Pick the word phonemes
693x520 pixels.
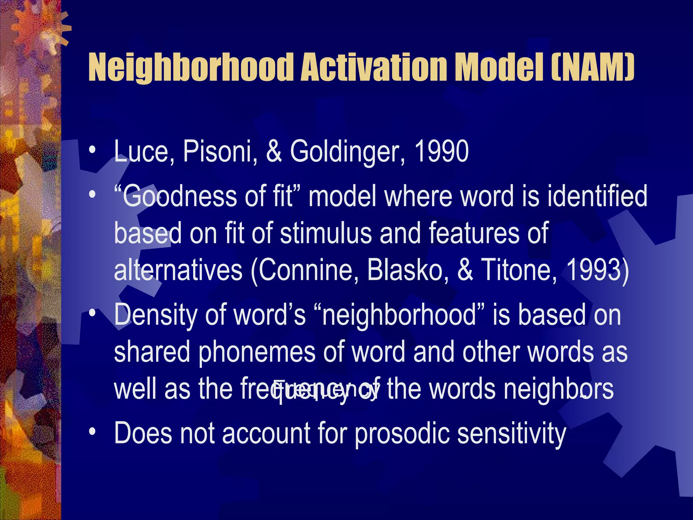(x=256, y=352)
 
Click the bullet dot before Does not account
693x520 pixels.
(x=92, y=432)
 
